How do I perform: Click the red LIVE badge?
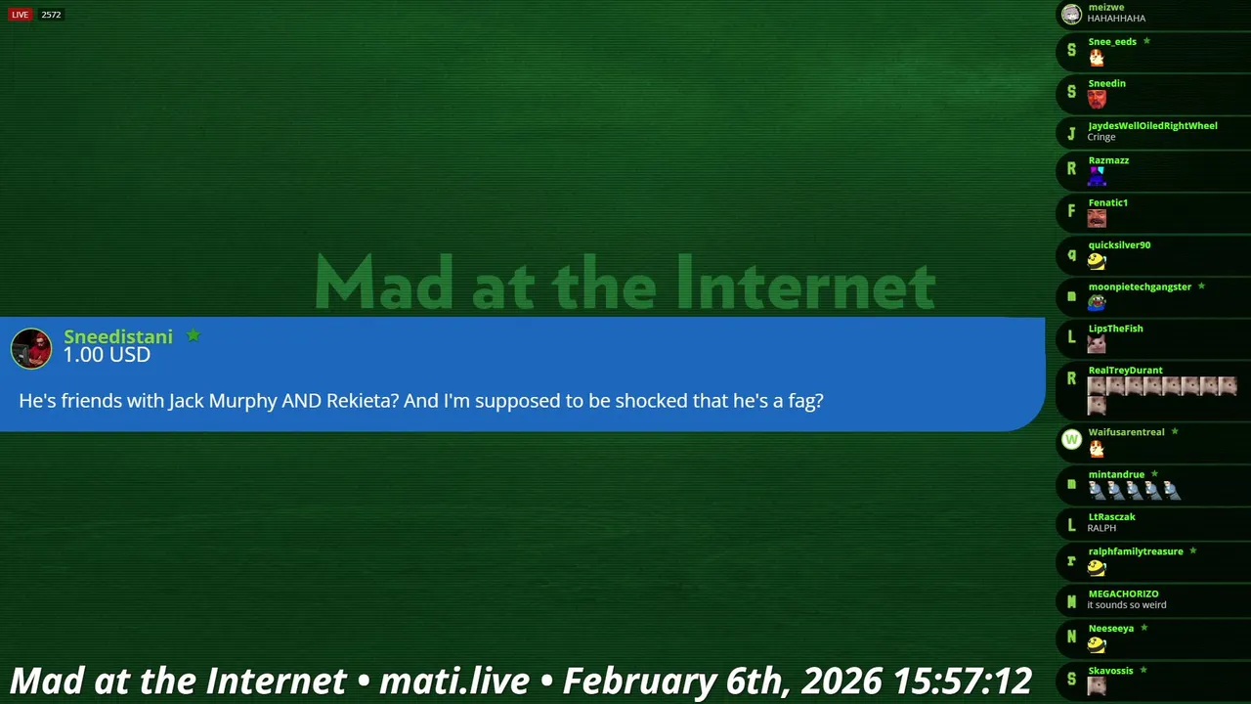pos(21,15)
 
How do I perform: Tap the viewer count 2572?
pos(51,15)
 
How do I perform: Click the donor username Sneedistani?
pos(118,336)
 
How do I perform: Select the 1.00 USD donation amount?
pos(107,355)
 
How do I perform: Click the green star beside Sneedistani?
pos(194,334)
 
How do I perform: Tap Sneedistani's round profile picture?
pos(31,349)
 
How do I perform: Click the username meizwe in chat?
pos(1105,7)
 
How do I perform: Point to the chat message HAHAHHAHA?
pos(1116,19)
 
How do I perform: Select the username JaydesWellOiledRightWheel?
pos(1152,126)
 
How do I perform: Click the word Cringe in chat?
pos(1101,137)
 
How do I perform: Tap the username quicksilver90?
pos(1119,244)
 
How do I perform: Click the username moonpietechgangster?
pos(1140,286)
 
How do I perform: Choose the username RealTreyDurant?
pos(1125,370)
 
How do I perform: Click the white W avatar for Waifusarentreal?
pos(1071,440)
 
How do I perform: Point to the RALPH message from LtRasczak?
pos(1101,528)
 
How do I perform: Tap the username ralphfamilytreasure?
pos(1136,551)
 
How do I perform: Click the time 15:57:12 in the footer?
pos(962,682)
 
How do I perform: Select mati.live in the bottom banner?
pos(454,682)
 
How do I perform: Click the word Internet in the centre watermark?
pos(806,283)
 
